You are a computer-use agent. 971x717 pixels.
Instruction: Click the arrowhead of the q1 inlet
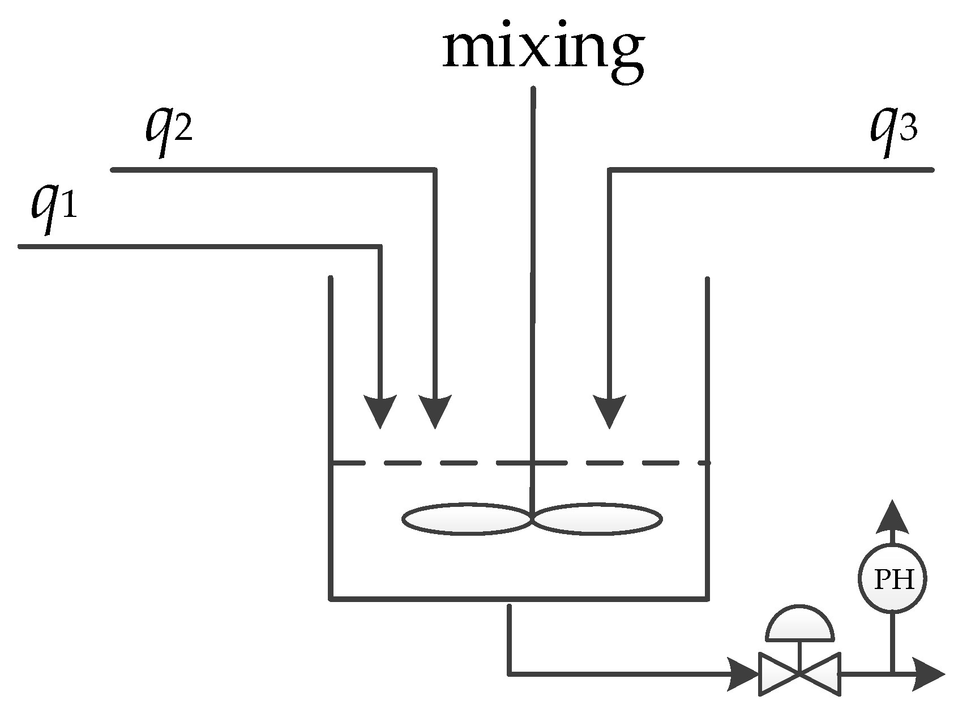(379, 411)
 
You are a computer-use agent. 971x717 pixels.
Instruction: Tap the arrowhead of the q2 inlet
(435, 411)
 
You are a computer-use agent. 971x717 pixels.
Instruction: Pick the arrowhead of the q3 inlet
(609, 411)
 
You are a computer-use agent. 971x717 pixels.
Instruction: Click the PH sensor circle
(893, 578)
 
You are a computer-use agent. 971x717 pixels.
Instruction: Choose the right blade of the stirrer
(597, 518)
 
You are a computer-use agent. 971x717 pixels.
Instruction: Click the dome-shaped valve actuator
(799, 625)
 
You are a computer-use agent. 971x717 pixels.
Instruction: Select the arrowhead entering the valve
(743, 674)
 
